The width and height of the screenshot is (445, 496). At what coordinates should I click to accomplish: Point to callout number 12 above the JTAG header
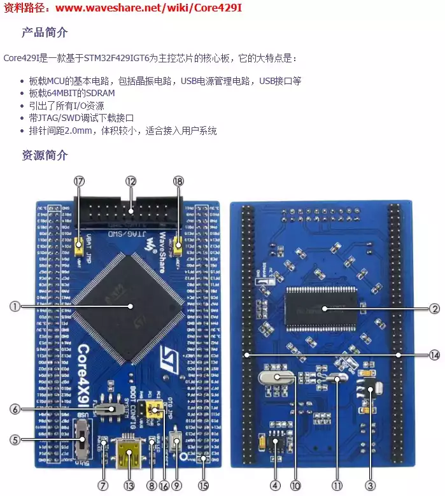(131, 181)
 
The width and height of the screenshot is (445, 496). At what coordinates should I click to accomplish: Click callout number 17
(79, 181)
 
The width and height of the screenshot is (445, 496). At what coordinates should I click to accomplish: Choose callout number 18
(178, 181)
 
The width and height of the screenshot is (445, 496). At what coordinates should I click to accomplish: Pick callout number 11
(337, 485)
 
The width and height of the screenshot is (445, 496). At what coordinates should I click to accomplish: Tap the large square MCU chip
(131, 306)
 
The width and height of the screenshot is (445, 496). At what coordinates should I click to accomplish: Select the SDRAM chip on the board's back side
(325, 308)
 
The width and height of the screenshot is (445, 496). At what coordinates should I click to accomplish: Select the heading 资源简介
(45, 155)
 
